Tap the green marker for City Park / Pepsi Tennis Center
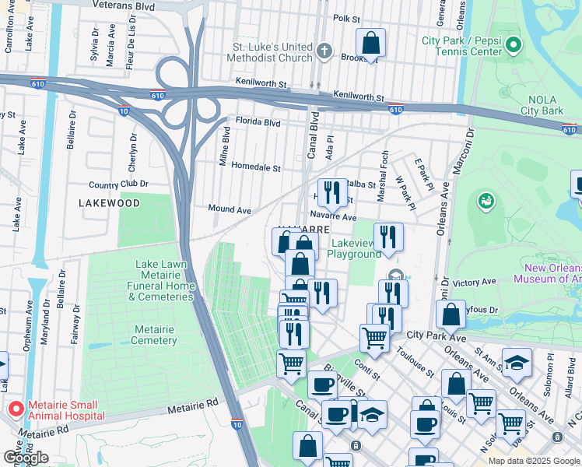pos(513,46)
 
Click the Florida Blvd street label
pos(258,122)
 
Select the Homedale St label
pos(256,167)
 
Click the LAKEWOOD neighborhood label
pos(110,203)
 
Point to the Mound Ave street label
pos(230,209)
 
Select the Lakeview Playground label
pos(354,248)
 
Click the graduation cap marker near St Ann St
pos(515,363)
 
